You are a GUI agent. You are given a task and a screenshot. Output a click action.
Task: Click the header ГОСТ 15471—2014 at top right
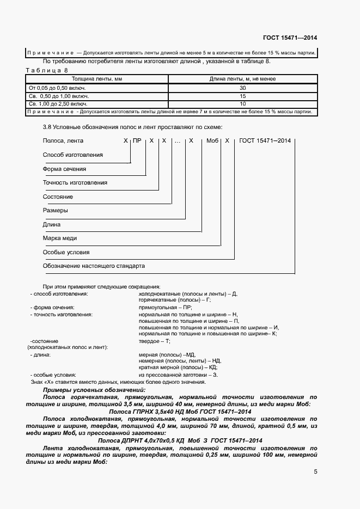290,38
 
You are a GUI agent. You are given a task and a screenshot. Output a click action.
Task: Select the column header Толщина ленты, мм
97,79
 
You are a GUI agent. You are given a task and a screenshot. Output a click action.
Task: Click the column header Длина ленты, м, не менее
242,79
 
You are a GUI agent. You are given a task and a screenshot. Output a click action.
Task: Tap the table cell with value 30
242,87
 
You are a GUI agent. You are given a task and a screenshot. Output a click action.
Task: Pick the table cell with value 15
242,95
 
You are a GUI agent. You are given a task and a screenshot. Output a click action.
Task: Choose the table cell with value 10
242,103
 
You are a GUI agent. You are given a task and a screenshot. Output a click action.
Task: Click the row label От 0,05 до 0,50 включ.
58,87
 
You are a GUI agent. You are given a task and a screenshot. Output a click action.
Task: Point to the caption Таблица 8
47,70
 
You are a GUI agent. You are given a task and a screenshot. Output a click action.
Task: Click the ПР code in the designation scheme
139,140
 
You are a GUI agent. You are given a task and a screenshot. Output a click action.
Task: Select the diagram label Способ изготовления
72,155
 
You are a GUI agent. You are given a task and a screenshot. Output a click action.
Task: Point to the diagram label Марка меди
59,238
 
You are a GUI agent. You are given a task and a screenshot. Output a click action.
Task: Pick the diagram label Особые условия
66,252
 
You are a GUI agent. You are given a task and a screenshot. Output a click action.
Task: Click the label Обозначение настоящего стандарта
94,266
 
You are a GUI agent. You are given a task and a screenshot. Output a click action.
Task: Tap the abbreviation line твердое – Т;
155,341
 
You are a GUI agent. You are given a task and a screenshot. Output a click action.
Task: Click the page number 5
315,472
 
